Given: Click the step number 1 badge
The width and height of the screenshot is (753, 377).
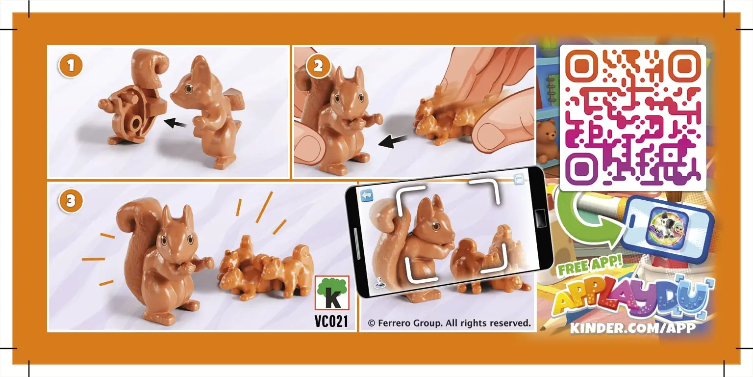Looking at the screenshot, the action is tap(70, 66).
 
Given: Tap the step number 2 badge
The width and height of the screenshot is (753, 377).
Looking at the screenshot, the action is tap(318, 66).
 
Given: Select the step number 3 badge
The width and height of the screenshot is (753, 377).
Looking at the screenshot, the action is tap(70, 201).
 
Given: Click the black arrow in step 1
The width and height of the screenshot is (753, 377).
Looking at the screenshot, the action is tap(175, 123).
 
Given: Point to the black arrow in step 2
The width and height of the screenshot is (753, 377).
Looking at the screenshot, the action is tap(393, 141).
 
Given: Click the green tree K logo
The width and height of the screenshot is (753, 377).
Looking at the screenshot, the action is tap(332, 293).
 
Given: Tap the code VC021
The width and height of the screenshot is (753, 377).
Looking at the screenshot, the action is tap(331, 322).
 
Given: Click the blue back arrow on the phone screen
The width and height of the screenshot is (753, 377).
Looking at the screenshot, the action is tap(367, 195).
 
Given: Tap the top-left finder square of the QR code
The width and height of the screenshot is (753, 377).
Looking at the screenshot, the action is tap(581, 66).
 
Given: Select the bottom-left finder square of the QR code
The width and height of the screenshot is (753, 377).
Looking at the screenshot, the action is tap(581, 168).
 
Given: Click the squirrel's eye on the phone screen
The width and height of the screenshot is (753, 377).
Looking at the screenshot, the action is tap(436, 226).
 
